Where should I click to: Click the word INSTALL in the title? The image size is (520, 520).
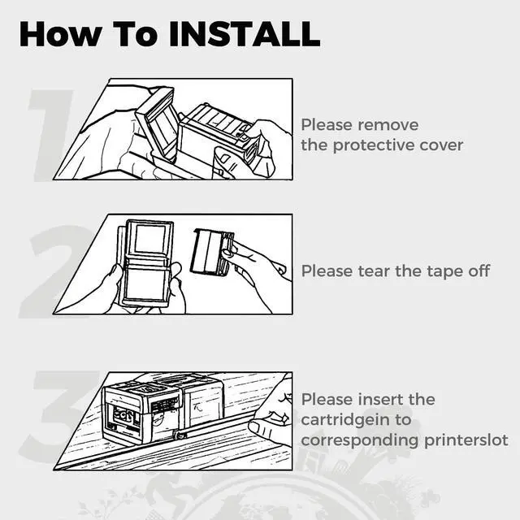pos(245,34)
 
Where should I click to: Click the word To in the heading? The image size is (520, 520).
pos(135,34)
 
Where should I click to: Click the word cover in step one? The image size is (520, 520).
pos(441,145)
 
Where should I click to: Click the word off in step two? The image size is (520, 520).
pos(479,271)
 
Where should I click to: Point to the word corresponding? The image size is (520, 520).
pos(360,441)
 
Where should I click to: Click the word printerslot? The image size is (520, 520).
pos(466,440)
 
